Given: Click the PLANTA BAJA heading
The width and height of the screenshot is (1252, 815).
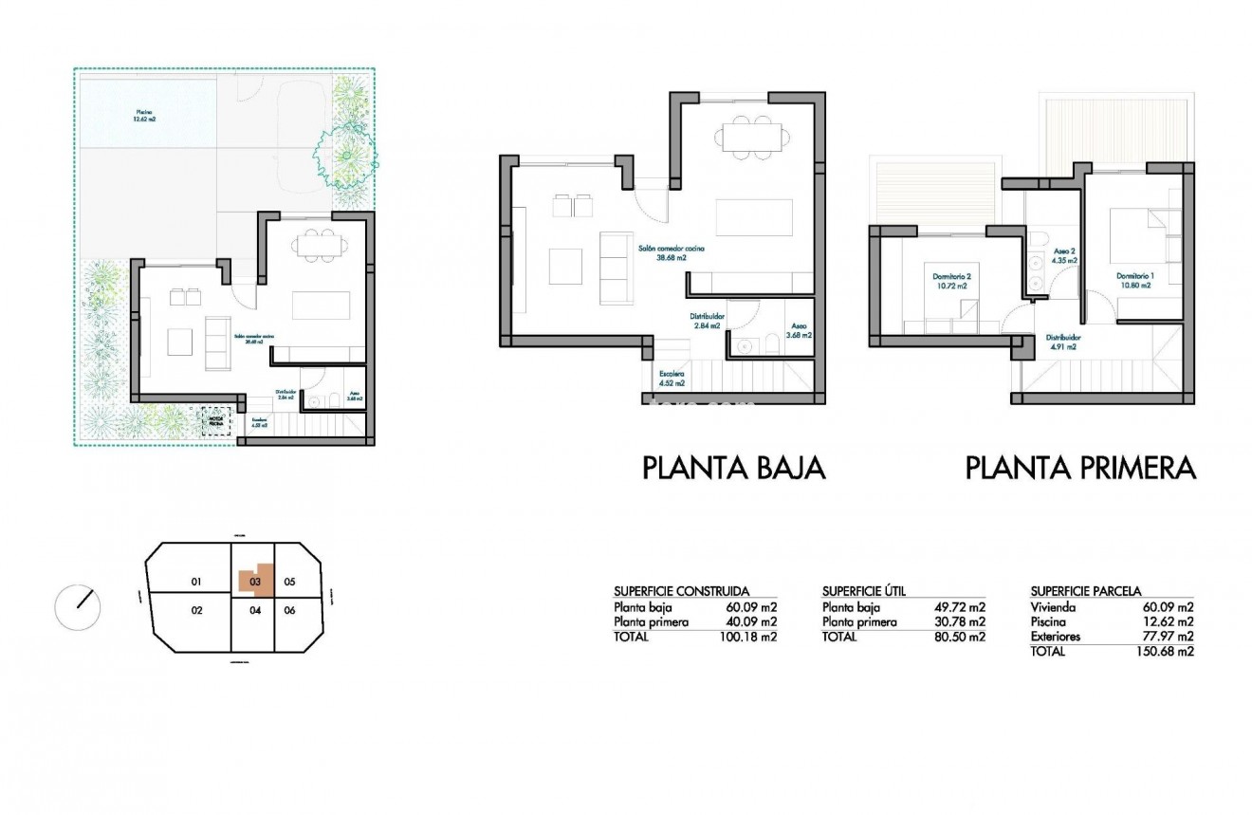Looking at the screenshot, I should pos(734,468).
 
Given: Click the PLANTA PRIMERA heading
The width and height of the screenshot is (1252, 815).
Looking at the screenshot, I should pos(1080,468).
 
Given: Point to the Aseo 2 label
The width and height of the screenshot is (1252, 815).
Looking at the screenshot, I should pos(1065,255).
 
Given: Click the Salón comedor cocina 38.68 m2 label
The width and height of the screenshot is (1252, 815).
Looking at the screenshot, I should pos(672,251).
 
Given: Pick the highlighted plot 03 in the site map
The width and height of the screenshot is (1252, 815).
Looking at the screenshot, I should pos(255,580).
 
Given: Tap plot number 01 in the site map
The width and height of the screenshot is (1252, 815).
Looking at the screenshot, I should pos(196,581).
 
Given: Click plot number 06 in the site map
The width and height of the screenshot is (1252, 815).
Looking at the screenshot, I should pos(290,610).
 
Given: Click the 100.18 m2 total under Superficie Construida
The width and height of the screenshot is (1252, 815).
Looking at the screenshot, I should pos(748,638).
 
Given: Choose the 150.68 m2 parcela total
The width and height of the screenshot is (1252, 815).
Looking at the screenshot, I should pos(1165,652).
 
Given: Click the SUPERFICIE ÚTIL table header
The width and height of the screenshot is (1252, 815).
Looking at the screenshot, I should pos(864,590).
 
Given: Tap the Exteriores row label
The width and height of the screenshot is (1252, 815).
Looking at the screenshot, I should pos(1055,637).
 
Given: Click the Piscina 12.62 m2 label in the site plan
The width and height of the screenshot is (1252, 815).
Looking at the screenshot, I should pos(145,117).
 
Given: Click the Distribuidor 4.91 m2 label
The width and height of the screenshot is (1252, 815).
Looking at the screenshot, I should pos(1063,342).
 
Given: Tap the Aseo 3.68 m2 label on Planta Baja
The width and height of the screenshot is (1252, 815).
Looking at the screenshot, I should pos(800,330).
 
